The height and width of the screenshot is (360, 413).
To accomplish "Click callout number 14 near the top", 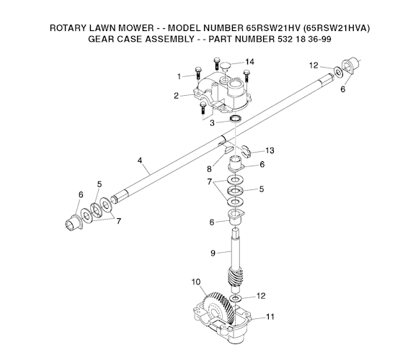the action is coord(249,62).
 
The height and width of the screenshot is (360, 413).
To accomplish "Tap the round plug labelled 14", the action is coord(226,66).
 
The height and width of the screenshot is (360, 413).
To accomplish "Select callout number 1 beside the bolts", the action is coord(179,76).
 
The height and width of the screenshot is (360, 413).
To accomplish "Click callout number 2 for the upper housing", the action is coord(176,96).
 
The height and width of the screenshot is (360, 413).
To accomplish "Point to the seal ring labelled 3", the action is coord(236,118).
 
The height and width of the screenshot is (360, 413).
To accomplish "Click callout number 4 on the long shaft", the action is coord(140,161).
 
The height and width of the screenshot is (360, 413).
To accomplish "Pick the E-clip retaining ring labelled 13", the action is coord(246,151).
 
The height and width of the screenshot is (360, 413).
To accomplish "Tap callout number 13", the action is coord(270,150).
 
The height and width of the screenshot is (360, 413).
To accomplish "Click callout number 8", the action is coord(209,169).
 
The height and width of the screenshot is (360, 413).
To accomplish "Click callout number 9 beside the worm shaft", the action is coord(213,253).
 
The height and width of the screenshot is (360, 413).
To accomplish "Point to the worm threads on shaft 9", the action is coord(234,278).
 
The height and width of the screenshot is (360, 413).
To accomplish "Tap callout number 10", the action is coord(196,282).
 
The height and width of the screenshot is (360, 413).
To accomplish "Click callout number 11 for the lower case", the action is coord(270,317).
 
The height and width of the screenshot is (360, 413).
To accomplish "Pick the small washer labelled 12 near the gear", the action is coord(235,298).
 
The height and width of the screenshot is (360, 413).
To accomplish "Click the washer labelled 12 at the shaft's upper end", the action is coord(338,72).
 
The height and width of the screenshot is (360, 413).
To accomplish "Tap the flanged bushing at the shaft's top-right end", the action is coord(350,66).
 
